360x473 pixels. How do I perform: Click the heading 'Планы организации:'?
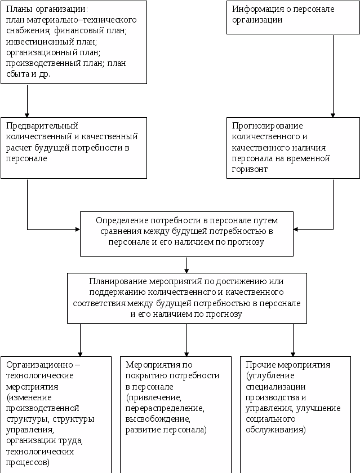[x=47, y=10]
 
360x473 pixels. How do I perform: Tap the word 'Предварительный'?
[x=42, y=126]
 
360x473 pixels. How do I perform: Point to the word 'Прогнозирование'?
[x=268, y=126]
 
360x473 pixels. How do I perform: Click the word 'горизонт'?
[x=250, y=169]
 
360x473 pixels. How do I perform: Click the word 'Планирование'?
[x=117, y=281]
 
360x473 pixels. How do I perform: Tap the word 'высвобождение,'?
[x=155, y=419]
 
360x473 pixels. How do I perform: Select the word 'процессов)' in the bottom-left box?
[x=28, y=462]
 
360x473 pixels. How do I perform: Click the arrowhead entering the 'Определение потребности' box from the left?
[x=77, y=229]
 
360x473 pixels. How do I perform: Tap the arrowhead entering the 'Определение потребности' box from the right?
[x=296, y=229]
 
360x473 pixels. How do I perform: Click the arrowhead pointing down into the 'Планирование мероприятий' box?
[x=186, y=270]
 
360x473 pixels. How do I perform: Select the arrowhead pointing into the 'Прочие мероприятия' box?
[x=293, y=353]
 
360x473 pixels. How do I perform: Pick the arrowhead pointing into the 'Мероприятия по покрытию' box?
[x=186, y=353]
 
